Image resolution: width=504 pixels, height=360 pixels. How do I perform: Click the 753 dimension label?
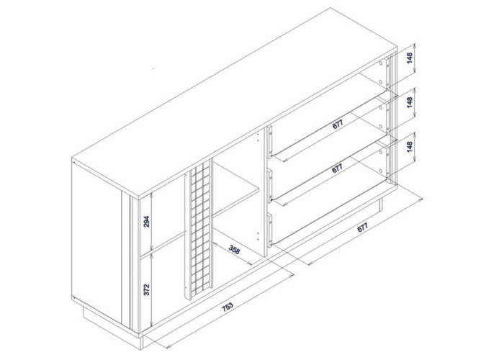click(228, 307)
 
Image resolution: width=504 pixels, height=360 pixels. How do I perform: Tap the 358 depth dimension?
click(234, 249)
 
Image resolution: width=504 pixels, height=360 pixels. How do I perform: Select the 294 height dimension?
click(147, 222)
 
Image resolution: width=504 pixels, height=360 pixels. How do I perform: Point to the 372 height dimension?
click(147, 289)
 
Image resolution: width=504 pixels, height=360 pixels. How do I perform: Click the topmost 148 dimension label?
click(410, 58)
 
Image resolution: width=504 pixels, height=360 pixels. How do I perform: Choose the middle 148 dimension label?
click(410, 102)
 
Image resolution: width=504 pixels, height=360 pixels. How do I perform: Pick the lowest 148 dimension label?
click(410, 147)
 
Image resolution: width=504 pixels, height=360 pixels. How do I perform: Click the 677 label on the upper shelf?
click(338, 125)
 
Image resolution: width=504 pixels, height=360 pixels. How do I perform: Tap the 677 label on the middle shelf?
click(338, 168)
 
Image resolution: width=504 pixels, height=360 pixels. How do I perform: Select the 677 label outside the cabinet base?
click(362, 228)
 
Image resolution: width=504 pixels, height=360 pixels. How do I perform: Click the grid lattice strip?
click(199, 229)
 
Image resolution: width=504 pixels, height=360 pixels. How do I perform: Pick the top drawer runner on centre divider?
click(271, 141)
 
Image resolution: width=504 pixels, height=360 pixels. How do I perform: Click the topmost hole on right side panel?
click(381, 63)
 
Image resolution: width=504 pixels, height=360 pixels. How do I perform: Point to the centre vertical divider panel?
click(261, 193)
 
